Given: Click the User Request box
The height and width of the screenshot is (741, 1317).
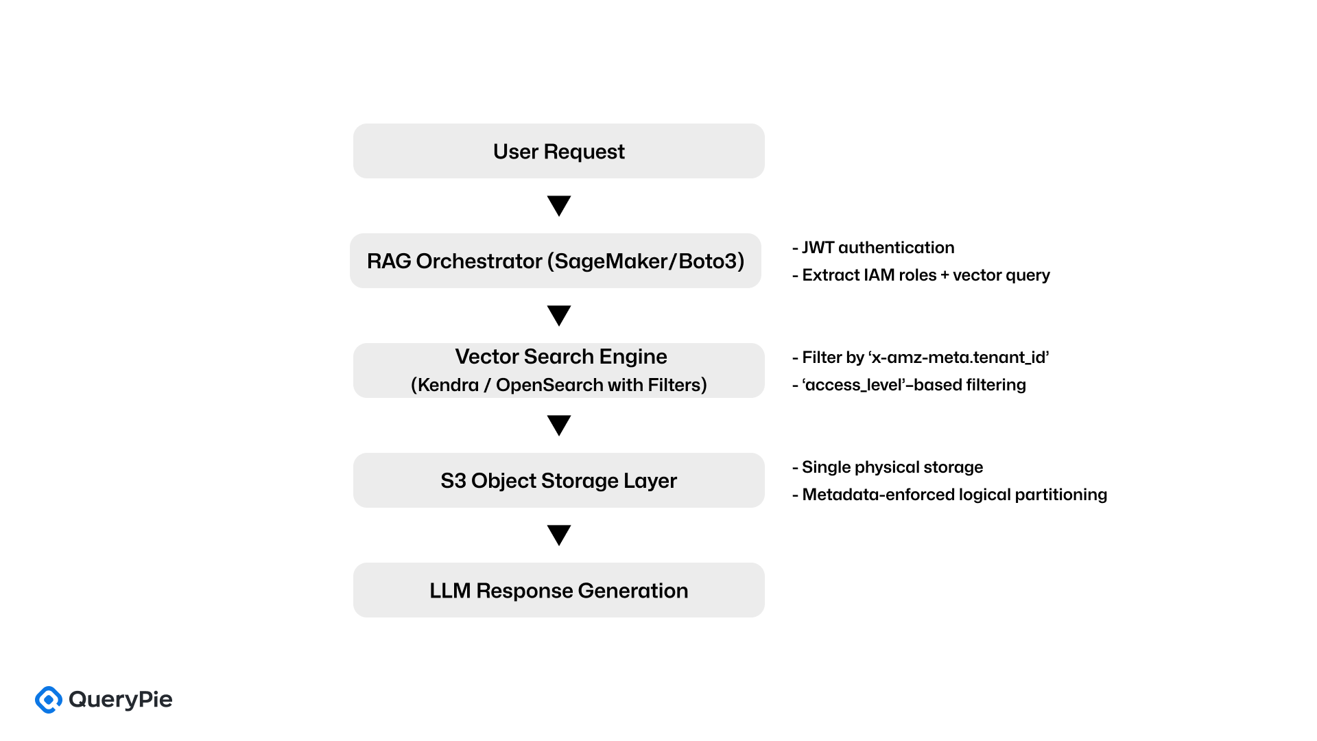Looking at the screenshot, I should (x=558, y=151).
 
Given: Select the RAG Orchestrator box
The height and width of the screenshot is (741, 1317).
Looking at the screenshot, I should (x=555, y=261).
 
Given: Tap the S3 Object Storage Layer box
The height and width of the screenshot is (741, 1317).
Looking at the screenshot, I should (x=558, y=480).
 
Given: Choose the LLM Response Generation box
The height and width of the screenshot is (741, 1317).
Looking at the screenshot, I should (x=558, y=590).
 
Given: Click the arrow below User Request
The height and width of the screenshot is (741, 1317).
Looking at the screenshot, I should (x=559, y=205).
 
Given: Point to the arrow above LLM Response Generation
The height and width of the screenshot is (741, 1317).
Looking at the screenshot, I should (x=559, y=534).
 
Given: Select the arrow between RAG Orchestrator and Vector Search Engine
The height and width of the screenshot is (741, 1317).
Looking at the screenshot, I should (x=559, y=315).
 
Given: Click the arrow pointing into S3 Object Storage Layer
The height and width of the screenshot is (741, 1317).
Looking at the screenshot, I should (x=559, y=425).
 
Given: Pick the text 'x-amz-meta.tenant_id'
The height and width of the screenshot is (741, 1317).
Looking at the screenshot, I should (x=959, y=357).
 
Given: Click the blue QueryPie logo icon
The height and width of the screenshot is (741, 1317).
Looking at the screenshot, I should (x=49, y=700).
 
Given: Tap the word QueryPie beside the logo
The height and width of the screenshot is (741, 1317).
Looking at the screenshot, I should (x=121, y=700).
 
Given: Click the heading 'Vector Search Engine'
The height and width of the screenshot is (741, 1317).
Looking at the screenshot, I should (x=560, y=357).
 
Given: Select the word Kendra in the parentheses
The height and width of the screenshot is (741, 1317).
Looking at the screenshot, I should (x=448, y=385).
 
